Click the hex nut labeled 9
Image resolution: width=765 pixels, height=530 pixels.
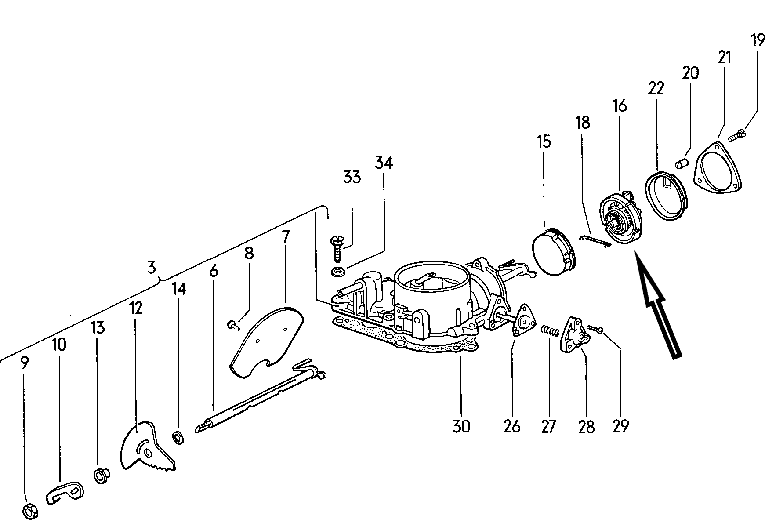click(x=29, y=511)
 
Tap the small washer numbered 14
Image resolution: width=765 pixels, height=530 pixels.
click(x=178, y=438)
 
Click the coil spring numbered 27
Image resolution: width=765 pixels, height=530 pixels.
click(x=549, y=330)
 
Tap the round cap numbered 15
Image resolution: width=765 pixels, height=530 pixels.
click(x=552, y=253)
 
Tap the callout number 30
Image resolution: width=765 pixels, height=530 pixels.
click(x=461, y=426)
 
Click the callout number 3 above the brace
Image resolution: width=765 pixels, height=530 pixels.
click(x=152, y=267)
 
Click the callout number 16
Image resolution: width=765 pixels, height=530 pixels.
click(x=620, y=106)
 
